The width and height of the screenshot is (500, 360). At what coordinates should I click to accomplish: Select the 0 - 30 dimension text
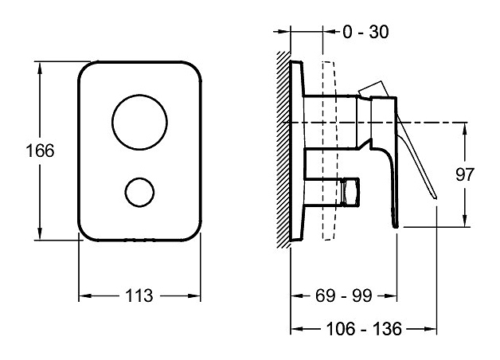point(365,32)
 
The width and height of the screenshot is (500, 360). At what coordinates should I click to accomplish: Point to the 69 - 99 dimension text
point(344,295)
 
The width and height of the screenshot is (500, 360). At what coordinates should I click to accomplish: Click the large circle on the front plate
point(139,122)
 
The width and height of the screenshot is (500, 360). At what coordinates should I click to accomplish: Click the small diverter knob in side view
point(350,191)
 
